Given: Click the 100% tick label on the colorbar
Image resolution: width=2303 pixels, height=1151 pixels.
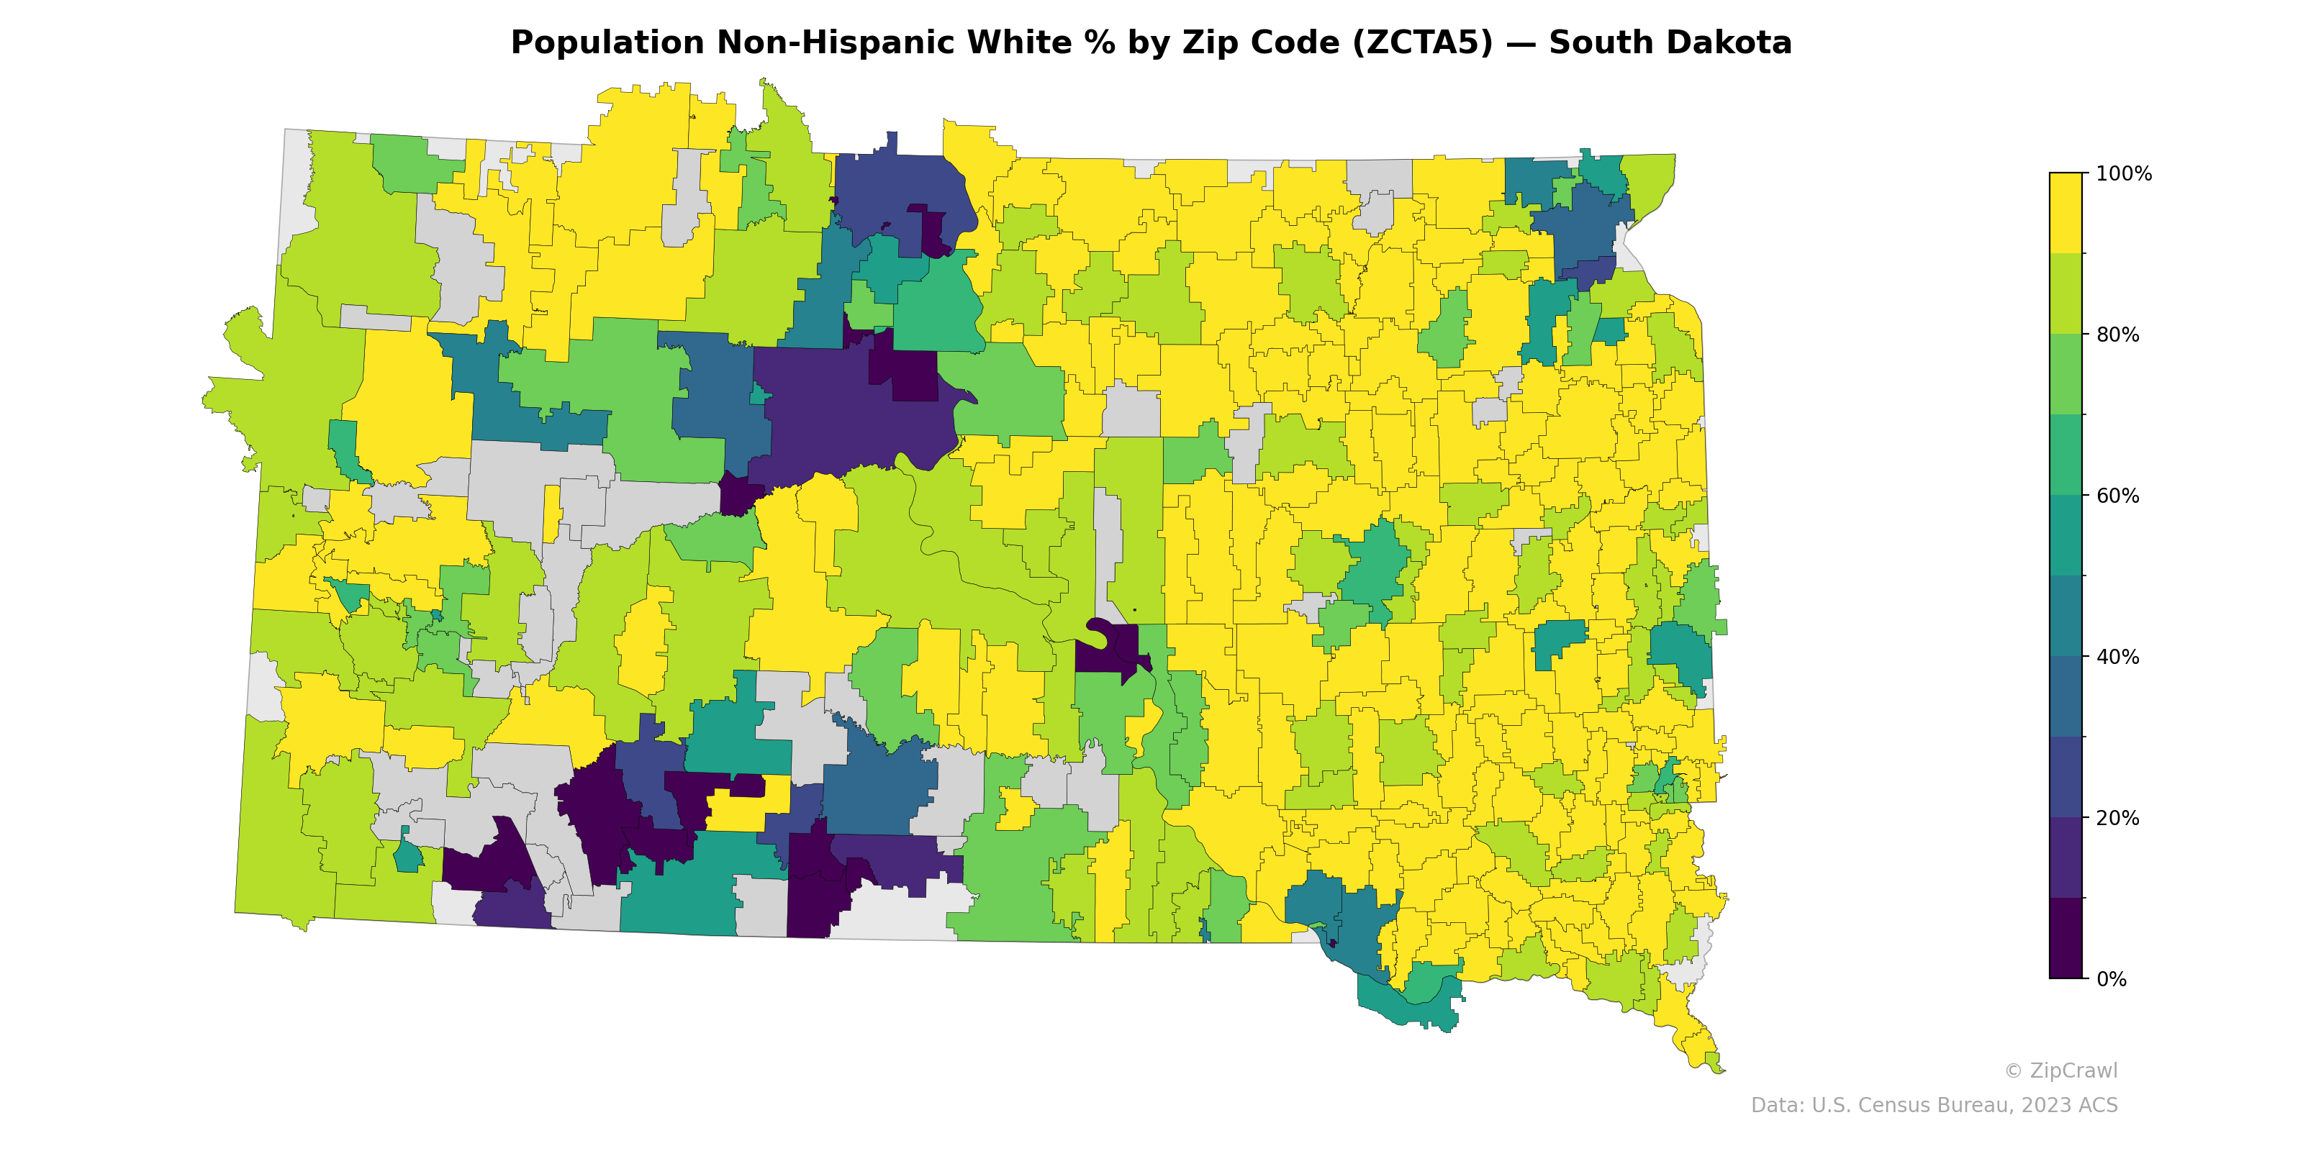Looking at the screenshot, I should click(x=2123, y=173).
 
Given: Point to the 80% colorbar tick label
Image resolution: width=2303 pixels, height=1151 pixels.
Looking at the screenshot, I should click(x=2117, y=335).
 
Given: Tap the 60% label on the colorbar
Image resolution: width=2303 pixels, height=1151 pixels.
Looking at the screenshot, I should click(x=2117, y=496).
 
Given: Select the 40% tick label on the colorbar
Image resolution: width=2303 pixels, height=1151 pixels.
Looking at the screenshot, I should click(x=2117, y=657).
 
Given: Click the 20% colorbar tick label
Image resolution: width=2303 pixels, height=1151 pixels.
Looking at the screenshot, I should click(x=2117, y=818).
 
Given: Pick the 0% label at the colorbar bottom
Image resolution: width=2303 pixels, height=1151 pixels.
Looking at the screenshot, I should click(x=2111, y=979).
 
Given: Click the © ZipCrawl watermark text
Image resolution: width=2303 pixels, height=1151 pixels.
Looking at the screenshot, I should click(x=2060, y=1070).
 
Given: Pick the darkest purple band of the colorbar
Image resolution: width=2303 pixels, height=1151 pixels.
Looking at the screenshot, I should click(x=2066, y=938).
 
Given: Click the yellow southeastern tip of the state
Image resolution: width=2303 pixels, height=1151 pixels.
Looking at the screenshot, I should click(x=1698, y=1045).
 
